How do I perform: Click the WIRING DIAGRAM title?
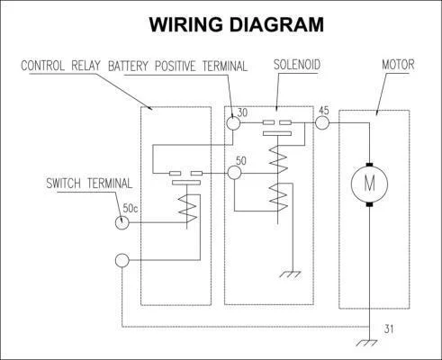pos(237,24)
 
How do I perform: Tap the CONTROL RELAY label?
pos(60,66)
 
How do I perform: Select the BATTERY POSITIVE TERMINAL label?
pos(177,66)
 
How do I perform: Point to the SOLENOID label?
pos(297,65)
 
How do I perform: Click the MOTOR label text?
pos(398,65)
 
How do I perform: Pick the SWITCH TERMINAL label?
pos(89,184)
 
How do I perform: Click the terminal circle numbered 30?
pos(233,123)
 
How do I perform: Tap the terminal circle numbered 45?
pos(322,122)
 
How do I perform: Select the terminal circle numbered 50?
pos(234,173)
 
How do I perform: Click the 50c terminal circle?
pos(122,222)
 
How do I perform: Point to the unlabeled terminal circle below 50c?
pos(122,260)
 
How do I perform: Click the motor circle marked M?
pos(369,184)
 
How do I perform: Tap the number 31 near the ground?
pos(389,328)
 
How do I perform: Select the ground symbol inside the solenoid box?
pos(291,274)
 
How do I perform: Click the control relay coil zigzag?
pos(187,209)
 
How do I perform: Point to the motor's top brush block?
pos(369,165)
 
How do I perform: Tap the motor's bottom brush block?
pos(369,204)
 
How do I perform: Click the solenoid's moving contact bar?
pos(277,133)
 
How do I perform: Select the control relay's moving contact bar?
pos(186,183)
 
